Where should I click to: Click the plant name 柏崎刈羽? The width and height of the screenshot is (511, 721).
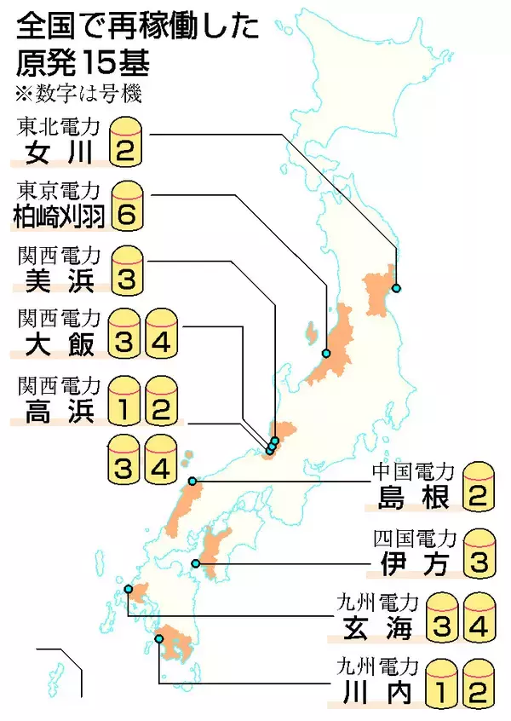[58, 216]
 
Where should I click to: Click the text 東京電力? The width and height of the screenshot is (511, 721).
[58, 188]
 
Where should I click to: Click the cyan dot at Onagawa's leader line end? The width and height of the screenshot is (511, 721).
[396, 288]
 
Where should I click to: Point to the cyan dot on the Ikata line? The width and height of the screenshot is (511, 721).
[195, 563]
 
